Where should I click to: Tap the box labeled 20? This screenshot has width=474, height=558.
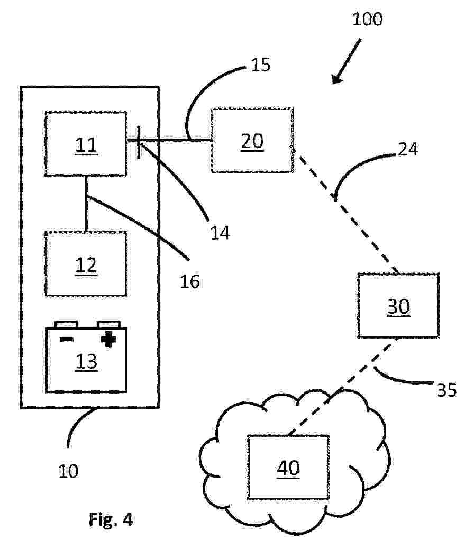pyautogui.click(x=252, y=141)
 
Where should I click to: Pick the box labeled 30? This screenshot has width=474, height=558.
pyautogui.click(x=398, y=306)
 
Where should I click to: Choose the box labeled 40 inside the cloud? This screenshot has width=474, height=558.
pyautogui.click(x=288, y=467)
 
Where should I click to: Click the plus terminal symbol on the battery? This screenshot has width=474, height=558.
pyautogui.click(x=108, y=339)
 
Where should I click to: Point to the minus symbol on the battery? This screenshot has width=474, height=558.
pyautogui.click(x=66, y=339)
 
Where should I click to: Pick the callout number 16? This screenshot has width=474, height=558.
pyautogui.click(x=189, y=281)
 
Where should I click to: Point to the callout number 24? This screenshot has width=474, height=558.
pyautogui.click(x=407, y=150)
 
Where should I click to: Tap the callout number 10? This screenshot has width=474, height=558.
pyautogui.click(x=68, y=470)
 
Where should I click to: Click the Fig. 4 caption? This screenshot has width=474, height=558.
pyautogui.click(x=110, y=519)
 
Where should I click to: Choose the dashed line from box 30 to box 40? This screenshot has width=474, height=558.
pyautogui.click(x=344, y=386)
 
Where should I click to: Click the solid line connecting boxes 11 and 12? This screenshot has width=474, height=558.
pyautogui.click(x=86, y=204)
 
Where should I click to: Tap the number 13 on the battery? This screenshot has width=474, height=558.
pyautogui.click(x=86, y=362)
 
